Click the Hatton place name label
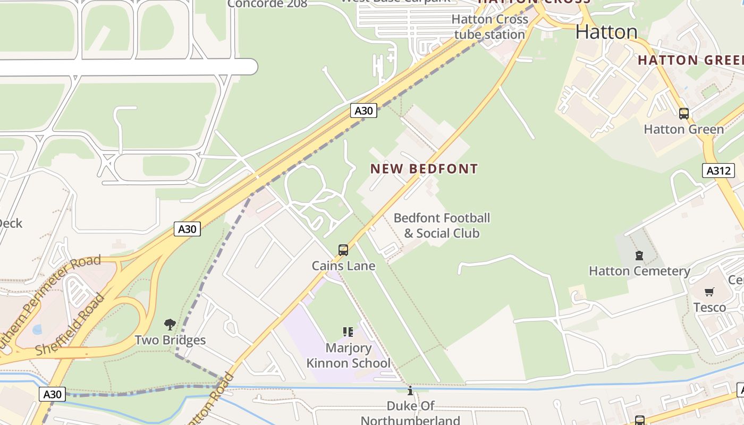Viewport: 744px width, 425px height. pos(606,32)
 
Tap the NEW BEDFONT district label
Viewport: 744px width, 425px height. pos(424,169)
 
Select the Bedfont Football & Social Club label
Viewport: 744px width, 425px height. pos(442,225)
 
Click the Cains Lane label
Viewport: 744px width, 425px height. pos(343,266)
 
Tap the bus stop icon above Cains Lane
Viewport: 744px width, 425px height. pos(343,250)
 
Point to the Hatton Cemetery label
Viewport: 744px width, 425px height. pos(639,271)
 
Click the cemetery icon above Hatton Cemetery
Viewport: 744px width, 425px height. pos(639,256)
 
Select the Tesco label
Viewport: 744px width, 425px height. pos(709,307)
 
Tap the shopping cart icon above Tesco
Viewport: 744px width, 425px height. pos(709,292)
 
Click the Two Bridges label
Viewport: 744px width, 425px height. pos(170,340)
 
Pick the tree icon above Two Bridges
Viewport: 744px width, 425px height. pos(170,324)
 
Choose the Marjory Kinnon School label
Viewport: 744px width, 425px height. pos(348,355)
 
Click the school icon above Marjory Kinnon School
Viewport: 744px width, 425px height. pos(348,332)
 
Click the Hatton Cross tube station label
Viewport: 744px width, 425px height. pos(489,27)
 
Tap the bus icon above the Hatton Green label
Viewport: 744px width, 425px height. pos(684,113)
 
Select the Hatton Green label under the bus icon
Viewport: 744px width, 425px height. pos(684,129)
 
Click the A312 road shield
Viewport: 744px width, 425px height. pos(718,171)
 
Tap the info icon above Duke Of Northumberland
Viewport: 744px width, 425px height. pos(410,392)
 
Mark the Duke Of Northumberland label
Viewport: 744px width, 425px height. pos(410,413)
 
